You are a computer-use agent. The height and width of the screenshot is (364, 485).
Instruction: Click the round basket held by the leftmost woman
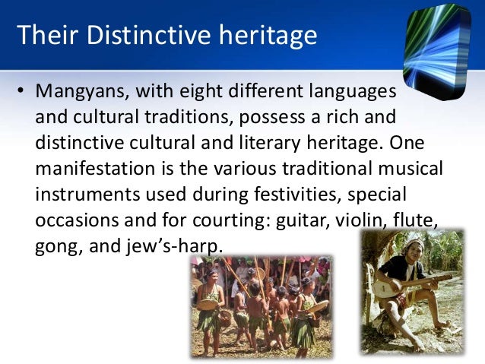coord(207,304)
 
